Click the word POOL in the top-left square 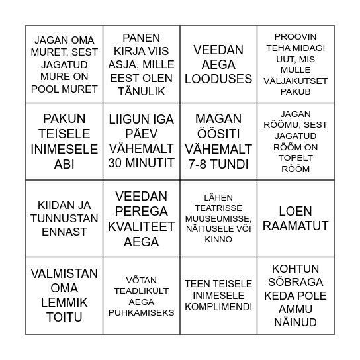[x=43, y=89]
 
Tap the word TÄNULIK [x=142, y=91]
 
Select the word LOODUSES [x=218, y=79]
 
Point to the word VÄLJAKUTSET [x=295, y=80]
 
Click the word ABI [x=64, y=164]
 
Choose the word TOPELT [x=295, y=157]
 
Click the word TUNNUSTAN [x=64, y=218]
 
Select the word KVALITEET [x=142, y=226]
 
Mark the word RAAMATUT [x=295, y=226]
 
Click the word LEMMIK [x=64, y=303]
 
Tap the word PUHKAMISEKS [x=142, y=312]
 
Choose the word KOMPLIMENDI [x=218, y=307]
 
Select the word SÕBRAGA [x=295, y=283]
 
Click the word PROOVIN [x=295, y=36]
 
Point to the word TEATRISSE [x=218, y=207]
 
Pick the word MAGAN [x=218, y=119]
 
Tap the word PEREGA [x=142, y=211]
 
